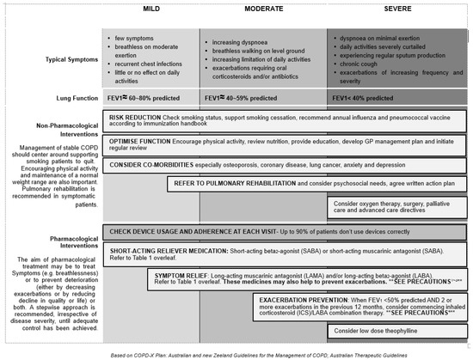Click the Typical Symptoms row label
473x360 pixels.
(x=58, y=63)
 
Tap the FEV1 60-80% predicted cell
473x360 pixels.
(x=147, y=100)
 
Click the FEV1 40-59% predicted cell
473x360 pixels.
(x=240, y=100)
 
